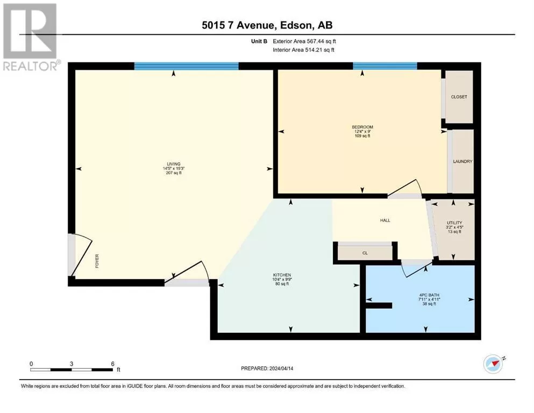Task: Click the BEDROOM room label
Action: pos(362,127)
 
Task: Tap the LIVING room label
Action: pos(174,164)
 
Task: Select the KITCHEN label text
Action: pos(282,275)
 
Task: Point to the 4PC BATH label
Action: pos(429,295)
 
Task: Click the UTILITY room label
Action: pos(454,223)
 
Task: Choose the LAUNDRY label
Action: pos(462,161)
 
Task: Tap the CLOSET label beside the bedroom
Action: pos(459,97)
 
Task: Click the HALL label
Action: pos(385,220)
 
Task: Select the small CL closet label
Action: pos(365,253)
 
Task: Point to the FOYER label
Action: pos(97,261)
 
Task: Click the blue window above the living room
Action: pos(186,66)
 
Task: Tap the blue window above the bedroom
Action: pos(385,66)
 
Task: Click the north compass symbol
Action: pos(494,364)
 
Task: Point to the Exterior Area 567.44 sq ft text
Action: pos(304,41)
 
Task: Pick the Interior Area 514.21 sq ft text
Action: pos(303,49)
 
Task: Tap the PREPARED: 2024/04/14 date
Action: pos(267,368)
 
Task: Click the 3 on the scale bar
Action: pos(72,364)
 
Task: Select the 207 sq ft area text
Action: pos(174,173)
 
